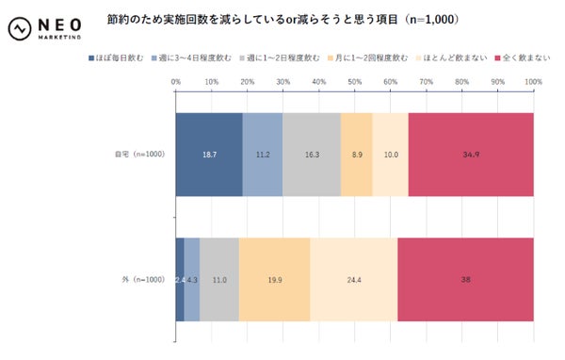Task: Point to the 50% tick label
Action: pyautogui.click(x=355, y=83)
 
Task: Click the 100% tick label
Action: pyautogui.click(x=533, y=83)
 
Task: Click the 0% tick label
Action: pyautogui.click(x=176, y=83)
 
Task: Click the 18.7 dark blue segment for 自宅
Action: pyautogui.click(x=209, y=155)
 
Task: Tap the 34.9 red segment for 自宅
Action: pyautogui.click(x=471, y=155)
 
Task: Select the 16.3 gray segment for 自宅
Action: pyautogui.click(x=311, y=155)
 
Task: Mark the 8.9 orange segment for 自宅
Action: pyautogui.click(x=356, y=155)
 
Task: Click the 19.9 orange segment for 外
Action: pyautogui.click(x=274, y=280)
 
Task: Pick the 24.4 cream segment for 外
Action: pyautogui.click(x=353, y=280)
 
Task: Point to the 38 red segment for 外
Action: pyautogui.click(x=465, y=280)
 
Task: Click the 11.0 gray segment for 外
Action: pyautogui.click(x=219, y=280)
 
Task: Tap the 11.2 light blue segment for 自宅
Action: pyautogui.click(x=263, y=155)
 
